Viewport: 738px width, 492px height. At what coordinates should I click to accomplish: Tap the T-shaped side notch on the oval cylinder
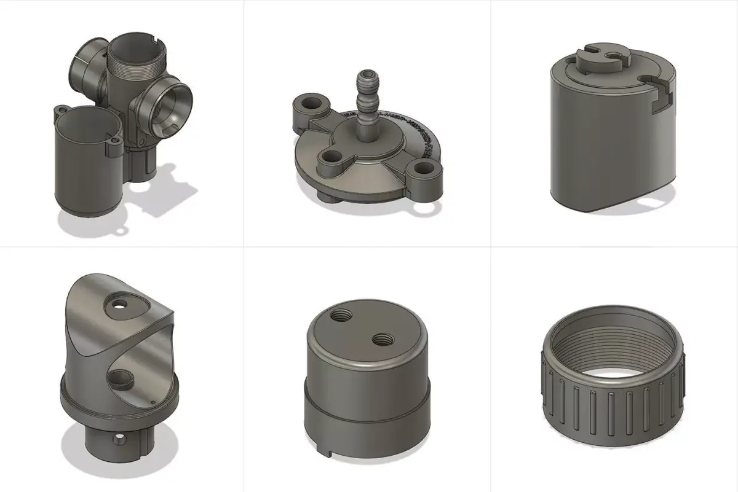[x=657, y=95]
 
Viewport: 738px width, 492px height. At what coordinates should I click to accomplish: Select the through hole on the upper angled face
[x=117, y=303]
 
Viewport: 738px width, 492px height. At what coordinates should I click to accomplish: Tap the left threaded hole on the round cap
[x=339, y=316]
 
